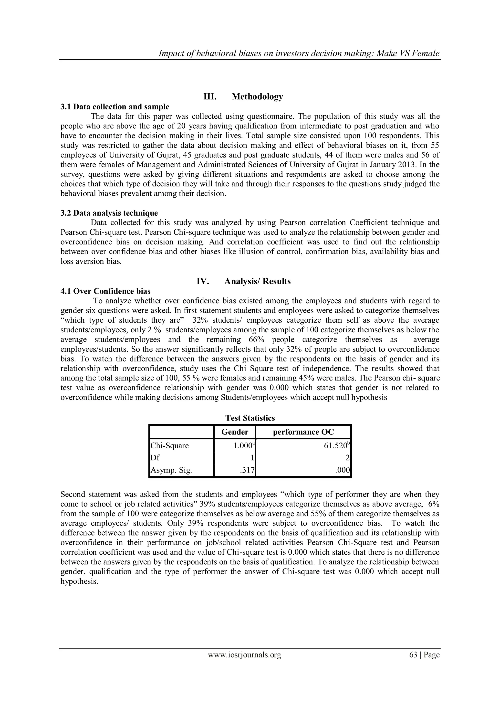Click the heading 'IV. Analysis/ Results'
(x=243, y=281)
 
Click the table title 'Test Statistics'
(x=250, y=418)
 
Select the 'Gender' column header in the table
(x=235, y=432)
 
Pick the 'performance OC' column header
(x=303, y=432)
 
